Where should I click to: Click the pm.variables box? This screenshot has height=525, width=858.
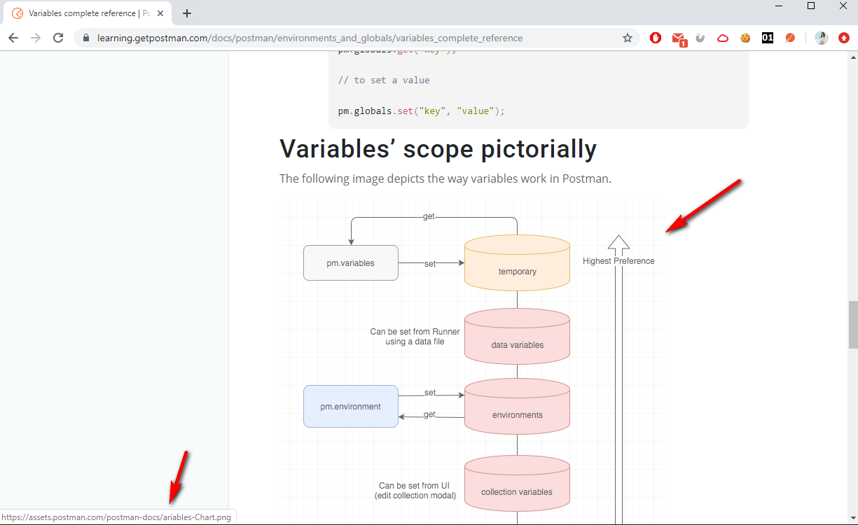tap(350, 263)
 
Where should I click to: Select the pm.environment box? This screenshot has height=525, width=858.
tap(350, 407)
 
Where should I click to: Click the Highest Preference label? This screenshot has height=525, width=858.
tap(618, 261)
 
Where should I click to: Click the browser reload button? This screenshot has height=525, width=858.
tap(58, 38)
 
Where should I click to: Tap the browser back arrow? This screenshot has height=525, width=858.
tap(13, 38)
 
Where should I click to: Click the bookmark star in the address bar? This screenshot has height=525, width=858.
tap(628, 38)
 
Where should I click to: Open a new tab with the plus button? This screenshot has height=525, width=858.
tap(187, 13)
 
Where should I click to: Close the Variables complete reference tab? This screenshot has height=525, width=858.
tap(160, 13)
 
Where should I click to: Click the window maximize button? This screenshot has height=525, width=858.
tap(811, 6)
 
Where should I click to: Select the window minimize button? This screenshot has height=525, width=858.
tap(779, 6)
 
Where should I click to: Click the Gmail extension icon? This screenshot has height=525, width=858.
tap(678, 38)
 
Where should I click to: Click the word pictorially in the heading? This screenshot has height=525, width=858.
tap(539, 149)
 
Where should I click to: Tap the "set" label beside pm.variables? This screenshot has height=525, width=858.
tap(430, 264)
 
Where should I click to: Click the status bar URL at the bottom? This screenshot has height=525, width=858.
tap(118, 517)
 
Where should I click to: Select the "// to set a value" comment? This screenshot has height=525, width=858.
tap(384, 80)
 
